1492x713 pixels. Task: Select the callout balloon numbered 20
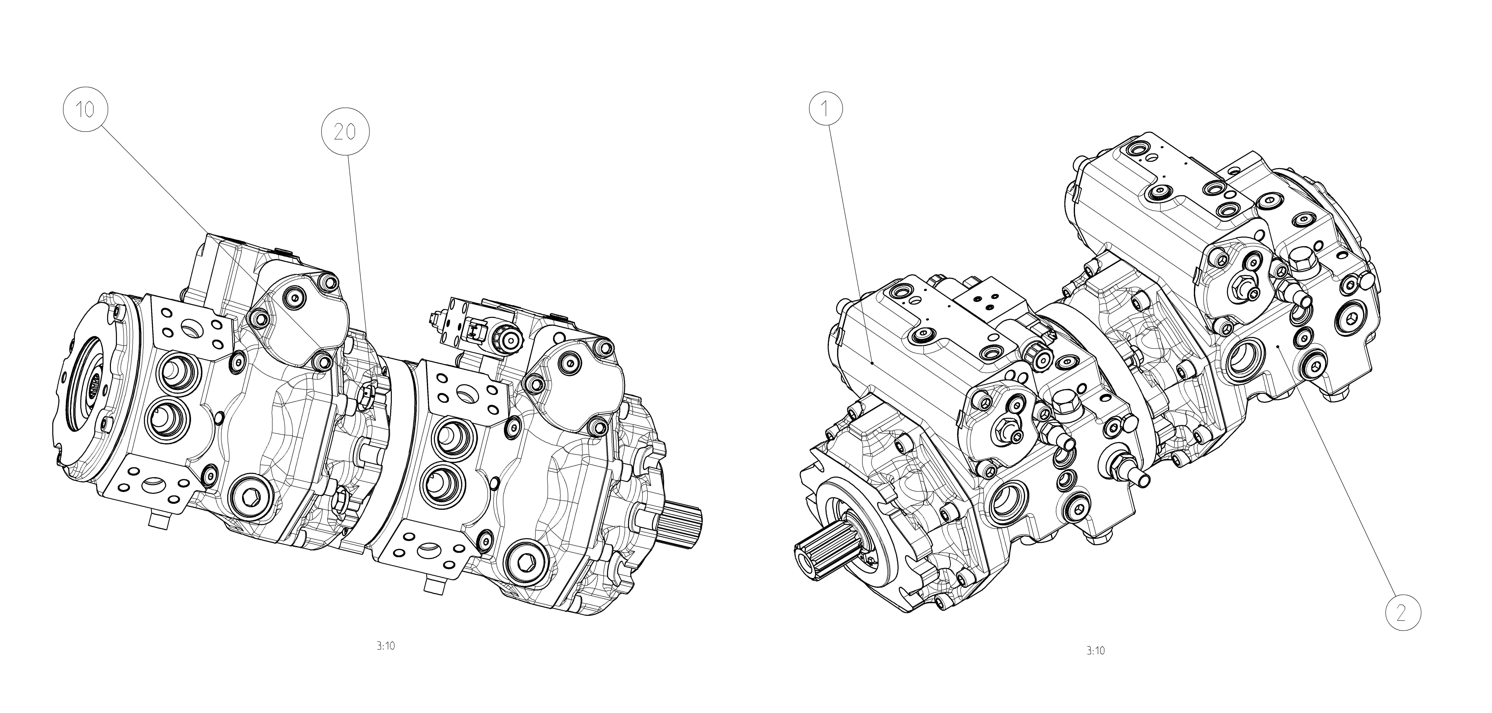click(345, 133)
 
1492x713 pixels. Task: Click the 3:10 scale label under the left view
click(385, 646)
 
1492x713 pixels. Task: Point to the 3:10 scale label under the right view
click(1095, 650)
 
